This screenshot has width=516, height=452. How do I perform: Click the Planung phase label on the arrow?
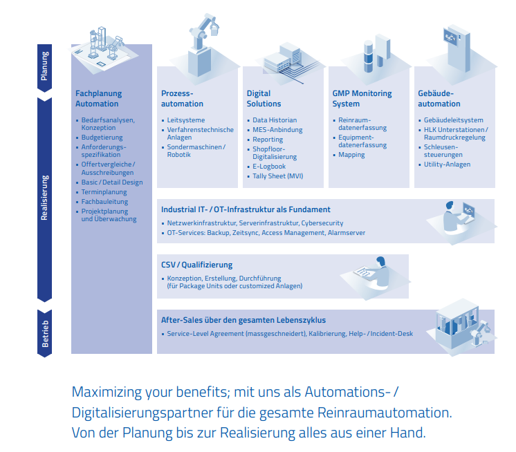pos(45,66)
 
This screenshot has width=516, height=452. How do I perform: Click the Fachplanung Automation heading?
pos(98,99)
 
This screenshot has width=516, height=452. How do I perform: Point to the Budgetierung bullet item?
pos(102,138)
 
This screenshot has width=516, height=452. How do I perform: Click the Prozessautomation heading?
pos(182,99)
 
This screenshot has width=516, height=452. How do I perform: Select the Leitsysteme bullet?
pos(185,120)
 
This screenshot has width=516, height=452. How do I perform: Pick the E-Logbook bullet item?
pos(269,167)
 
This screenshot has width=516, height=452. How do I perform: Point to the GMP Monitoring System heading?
pos(362,99)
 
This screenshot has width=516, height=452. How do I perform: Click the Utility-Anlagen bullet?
pos(447,164)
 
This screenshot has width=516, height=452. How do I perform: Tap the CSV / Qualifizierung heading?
pos(197,265)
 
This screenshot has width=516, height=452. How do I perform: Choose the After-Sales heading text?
pos(243,320)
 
